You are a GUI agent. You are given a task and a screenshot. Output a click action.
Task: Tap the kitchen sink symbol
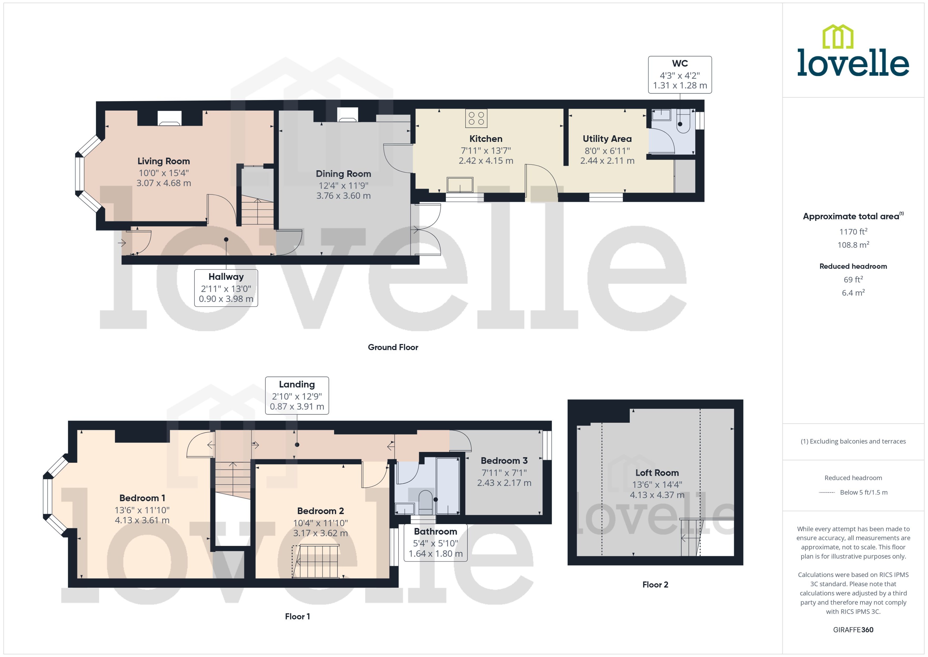point(460,185)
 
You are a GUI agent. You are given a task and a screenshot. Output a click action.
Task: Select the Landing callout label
point(296,395)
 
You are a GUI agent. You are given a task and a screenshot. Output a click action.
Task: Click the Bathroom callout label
point(435,542)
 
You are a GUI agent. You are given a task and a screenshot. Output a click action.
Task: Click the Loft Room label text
point(657,472)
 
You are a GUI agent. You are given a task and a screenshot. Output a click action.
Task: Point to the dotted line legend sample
point(826,492)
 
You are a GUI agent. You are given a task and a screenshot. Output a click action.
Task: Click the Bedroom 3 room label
point(504,460)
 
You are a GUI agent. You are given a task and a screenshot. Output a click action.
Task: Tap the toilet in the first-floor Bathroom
point(425,502)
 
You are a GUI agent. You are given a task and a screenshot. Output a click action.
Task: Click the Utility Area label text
point(607,139)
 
